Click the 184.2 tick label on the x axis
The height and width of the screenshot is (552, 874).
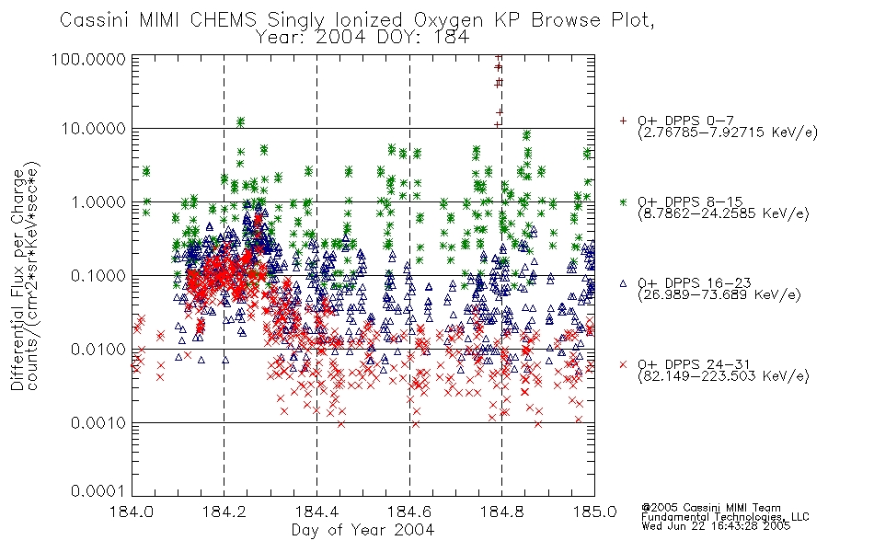[224, 512]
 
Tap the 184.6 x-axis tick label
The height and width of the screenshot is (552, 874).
[409, 512]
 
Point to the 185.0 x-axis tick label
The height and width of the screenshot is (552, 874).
[594, 512]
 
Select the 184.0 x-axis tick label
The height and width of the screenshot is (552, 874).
[132, 512]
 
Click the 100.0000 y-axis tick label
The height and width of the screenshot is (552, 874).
[89, 59]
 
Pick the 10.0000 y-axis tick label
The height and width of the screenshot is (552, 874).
[94, 129]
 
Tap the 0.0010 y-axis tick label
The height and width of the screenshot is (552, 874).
[98, 423]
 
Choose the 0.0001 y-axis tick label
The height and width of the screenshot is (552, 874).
[98, 491]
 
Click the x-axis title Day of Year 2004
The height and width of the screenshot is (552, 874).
[362, 530]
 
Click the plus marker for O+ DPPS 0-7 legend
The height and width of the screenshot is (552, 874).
[623, 121]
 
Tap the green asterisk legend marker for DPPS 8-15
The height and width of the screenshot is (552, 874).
[623, 201]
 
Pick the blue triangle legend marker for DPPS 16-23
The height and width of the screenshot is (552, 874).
[623, 283]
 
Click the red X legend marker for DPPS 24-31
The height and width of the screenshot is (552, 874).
[623, 364]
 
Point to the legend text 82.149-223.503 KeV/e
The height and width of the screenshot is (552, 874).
[723, 376]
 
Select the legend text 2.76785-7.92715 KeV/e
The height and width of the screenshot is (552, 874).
[728, 132]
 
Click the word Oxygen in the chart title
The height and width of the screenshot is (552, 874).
[448, 20]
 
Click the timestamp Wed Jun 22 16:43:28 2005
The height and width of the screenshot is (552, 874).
[716, 526]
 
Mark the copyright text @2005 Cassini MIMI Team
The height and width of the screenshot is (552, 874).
[711, 508]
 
